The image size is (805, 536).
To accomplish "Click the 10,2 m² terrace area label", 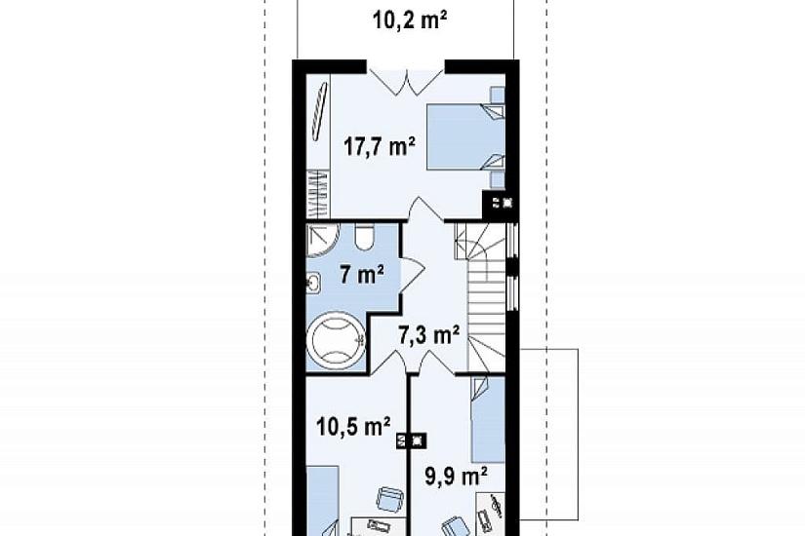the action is [409, 21].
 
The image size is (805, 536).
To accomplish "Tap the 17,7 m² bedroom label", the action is [379, 147].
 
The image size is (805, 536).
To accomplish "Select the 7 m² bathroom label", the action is [362, 276].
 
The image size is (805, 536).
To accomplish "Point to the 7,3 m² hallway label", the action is [428, 335].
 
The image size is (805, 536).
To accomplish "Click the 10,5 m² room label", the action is [353, 426].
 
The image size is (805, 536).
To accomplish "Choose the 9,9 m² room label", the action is [456, 477].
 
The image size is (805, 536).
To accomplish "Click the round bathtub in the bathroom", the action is [336, 340].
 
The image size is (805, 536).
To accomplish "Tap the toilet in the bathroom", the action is [365, 238].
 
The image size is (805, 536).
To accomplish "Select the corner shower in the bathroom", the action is [323, 240].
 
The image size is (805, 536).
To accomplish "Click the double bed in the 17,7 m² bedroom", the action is [465, 135].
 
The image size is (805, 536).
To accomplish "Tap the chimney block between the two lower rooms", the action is [411, 440].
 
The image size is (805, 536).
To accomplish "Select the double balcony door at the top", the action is [406, 81].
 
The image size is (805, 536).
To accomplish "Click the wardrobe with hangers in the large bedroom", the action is [318, 195].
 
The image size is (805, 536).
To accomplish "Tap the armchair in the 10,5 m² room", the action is [389, 498].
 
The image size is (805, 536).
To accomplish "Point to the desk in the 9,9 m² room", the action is [490, 513].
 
